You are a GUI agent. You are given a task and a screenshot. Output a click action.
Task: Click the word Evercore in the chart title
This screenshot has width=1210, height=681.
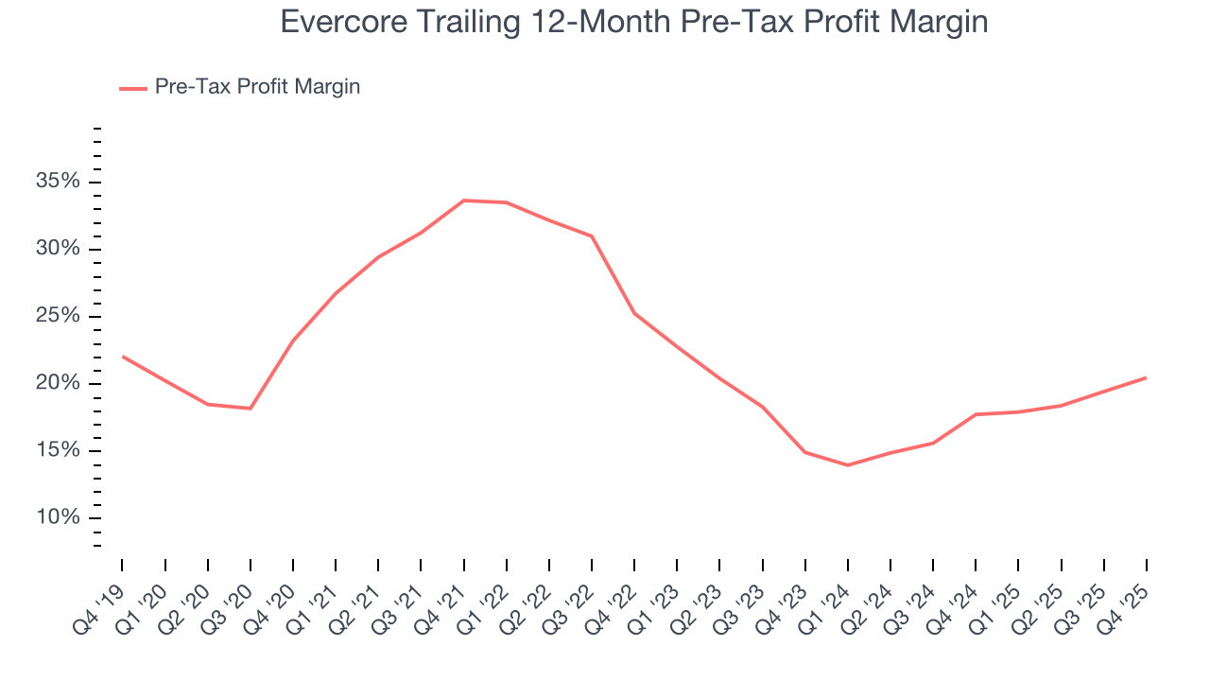(337, 22)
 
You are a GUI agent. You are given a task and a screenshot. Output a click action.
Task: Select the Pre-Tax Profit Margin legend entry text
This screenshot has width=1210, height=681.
(257, 87)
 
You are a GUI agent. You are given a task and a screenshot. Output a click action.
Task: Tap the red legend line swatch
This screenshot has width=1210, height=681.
(133, 88)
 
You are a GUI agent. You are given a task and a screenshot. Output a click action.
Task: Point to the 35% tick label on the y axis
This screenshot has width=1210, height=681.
(58, 182)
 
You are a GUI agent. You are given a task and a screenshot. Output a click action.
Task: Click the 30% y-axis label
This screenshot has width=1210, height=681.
(58, 249)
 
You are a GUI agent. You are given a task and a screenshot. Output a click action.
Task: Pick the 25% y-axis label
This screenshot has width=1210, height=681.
(58, 316)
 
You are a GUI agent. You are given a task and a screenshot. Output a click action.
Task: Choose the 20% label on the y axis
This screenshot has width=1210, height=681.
(58, 383)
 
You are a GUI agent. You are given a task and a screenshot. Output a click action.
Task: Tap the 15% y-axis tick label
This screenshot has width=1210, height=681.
(58, 450)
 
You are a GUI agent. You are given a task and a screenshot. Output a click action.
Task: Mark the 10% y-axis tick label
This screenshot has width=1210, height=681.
(58, 517)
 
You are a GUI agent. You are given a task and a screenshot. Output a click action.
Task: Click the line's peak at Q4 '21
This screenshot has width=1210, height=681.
(464, 201)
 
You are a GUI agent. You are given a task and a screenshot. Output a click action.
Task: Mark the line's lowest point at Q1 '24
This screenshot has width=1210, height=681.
(847, 465)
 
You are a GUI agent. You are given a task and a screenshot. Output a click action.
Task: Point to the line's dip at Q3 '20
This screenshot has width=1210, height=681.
(250, 409)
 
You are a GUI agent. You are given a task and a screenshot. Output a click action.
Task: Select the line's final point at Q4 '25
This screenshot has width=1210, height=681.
(1146, 377)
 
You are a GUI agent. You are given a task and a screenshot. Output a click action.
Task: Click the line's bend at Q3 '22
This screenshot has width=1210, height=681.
(592, 236)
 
